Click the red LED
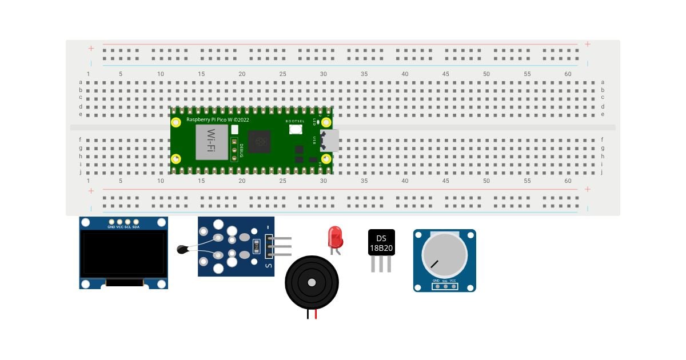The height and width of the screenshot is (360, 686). tap(335, 235)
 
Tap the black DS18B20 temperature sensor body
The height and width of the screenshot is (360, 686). tap(381, 242)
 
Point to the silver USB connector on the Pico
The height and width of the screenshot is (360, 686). tap(330, 140)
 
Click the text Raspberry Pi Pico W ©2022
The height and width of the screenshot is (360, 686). tap(218, 119)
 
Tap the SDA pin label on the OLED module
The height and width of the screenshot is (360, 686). tap(136, 227)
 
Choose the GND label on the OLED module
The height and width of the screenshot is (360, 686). tap(111, 227)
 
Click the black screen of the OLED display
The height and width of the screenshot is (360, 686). tap(123, 253)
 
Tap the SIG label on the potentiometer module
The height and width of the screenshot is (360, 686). tap(445, 281)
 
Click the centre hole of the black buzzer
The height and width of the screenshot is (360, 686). tap(312, 282)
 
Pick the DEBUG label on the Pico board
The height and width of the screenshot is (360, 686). tap(242, 149)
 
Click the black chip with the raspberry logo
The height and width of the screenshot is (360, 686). tap(260, 141)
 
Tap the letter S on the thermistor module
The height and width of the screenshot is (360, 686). tap(269, 265)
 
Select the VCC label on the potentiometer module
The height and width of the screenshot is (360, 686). tap(453, 281)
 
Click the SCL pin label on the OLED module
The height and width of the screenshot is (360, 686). tap(128, 227)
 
